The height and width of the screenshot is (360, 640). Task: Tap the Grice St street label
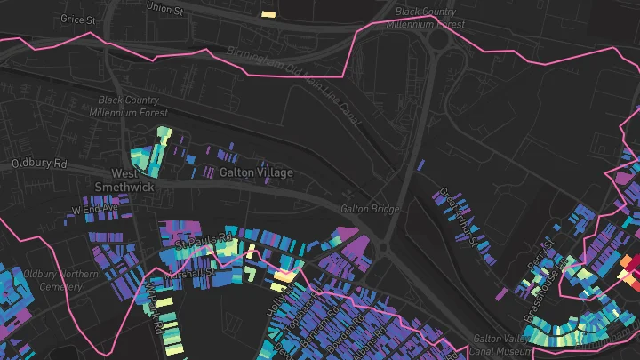click(77, 18)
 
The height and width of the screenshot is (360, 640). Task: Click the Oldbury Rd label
click(39, 164)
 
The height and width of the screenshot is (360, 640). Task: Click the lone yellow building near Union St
click(268, 13)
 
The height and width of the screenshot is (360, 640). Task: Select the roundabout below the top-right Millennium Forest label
click(439, 40)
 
